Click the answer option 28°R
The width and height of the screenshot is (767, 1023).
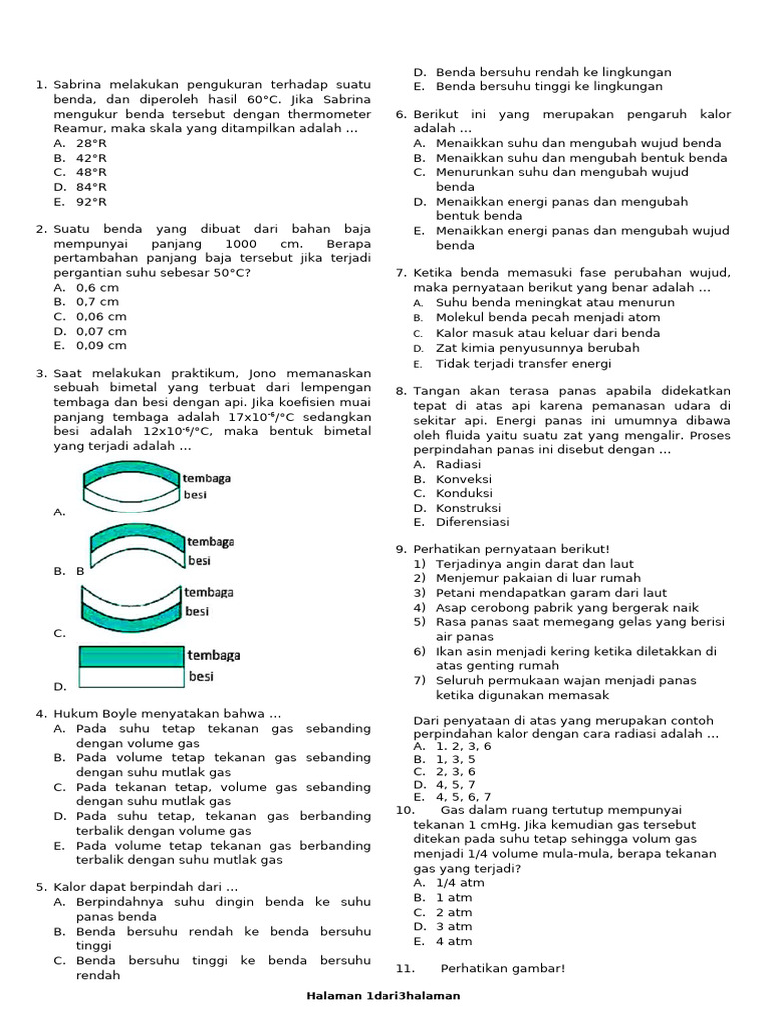[x=91, y=143]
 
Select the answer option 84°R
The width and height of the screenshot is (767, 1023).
[x=91, y=187]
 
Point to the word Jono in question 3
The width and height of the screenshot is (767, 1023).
[x=264, y=374]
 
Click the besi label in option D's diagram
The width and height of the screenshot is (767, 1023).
[x=202, y=677]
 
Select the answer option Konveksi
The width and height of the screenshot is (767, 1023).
[x=464, y=479]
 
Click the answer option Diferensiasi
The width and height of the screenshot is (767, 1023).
[x=472, y=522]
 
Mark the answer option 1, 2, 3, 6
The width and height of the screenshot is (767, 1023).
[x=463, y=746]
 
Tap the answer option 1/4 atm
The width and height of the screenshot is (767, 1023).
[x=460, y=883]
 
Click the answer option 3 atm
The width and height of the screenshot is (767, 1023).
[x=454, y=927]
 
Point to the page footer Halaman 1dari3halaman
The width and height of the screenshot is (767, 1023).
[x=383, y=996]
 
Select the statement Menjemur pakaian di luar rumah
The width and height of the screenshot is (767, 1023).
[x=538, y=578]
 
